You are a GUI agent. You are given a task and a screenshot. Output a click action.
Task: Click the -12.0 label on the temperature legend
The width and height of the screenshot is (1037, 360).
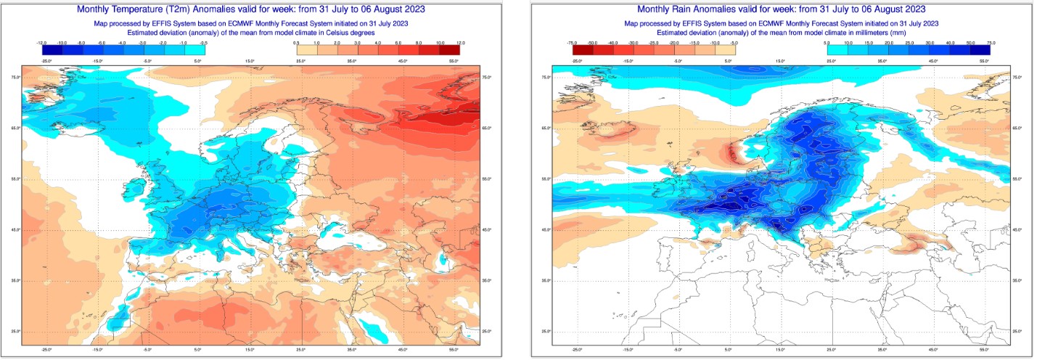point(43,44)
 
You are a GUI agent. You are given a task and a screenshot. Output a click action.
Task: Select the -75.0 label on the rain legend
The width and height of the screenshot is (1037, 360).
point(573,44)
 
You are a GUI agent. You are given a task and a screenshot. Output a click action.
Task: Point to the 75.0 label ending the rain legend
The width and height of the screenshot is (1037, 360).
point(989,44)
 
